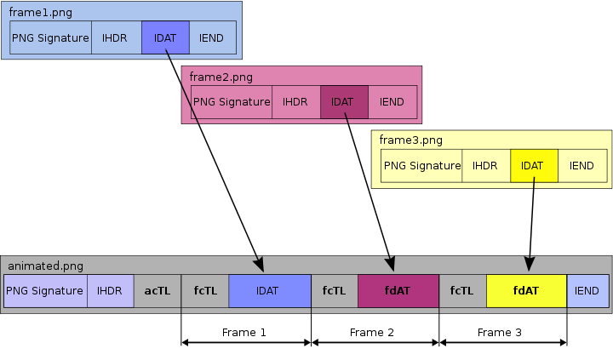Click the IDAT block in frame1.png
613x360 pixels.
tap(165, 37)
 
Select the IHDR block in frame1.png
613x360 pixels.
tap(116, 37)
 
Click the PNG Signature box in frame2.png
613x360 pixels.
tap(232, 102)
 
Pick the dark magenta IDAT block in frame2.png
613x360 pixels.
tap(344, 102)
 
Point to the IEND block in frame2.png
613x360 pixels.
tap(392, 102)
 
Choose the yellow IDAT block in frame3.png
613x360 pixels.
tap(534, 166)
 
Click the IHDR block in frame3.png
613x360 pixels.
tap(485, 166)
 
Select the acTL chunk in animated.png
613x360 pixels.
tap(158, 290)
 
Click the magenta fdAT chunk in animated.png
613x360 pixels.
tap(398, 290)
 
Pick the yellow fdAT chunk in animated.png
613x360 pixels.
tap(526, 290)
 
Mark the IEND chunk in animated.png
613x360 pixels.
tap(587, 290)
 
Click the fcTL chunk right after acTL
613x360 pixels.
tap(205, 290)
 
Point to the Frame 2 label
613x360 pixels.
tap(373, 333)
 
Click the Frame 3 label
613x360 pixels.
tap(501, 333)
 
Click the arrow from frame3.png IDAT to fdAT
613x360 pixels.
tap(532, 221)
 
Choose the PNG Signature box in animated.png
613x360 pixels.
tap(45, 290)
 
